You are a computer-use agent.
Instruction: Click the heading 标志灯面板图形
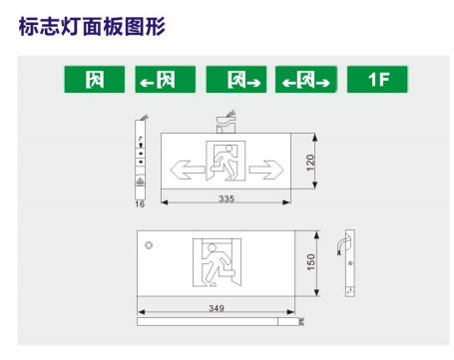click(92, 26)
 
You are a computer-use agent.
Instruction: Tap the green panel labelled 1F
click(377, 79)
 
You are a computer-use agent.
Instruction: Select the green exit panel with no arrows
click(95, 79)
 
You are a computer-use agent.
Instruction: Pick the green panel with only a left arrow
click(166, 79)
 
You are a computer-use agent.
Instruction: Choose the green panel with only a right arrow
click(236, 79)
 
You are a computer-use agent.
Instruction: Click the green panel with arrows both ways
click(306, 79)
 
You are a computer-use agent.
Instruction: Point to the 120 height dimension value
click(310, 163)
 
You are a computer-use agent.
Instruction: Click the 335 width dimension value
click(227, 198)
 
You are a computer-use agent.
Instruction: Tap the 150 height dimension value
click(311, 262)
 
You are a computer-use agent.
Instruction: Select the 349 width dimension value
click(217, 308)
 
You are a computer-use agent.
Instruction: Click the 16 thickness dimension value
click(140, 204)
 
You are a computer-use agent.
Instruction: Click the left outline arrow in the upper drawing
click(188, 170)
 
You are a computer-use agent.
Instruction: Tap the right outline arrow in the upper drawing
click(266, 170)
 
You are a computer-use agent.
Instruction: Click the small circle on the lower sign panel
click(149, 245)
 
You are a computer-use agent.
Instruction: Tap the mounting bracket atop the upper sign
click(227, 123)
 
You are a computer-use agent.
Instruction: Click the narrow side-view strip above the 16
click(141, 159)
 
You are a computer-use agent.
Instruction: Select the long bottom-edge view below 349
click(221, 321)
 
